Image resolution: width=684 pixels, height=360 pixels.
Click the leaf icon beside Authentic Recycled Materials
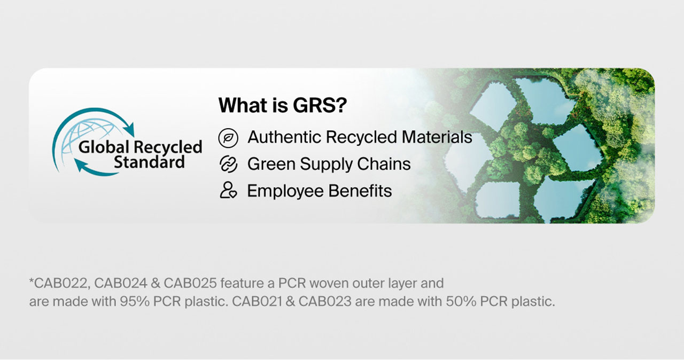click(228, 138)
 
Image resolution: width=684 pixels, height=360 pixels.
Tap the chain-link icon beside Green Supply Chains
click(228, 164)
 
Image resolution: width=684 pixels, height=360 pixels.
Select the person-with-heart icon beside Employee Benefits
click(228, 190)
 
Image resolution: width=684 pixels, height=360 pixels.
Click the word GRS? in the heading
click(320, 105)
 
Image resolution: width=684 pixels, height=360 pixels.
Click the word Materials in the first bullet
click(437, 137)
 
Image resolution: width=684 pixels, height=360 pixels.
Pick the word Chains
click(384, 164)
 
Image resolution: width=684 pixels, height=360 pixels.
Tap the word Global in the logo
click(104, 147)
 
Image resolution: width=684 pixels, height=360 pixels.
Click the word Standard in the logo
click(149, 162)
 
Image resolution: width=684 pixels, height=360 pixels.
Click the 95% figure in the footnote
click(135, 301)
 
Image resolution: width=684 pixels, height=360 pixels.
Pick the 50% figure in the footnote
click(461, 301)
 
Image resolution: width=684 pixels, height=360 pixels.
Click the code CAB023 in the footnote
click(325, 301)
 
